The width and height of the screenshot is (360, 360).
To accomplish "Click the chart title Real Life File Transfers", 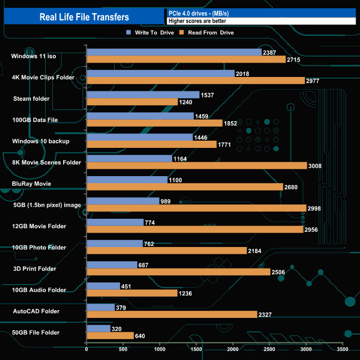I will click(84, 17).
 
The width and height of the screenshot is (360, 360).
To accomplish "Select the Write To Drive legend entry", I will click(150, 33).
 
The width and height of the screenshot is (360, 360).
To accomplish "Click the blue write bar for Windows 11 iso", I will click(174, 52).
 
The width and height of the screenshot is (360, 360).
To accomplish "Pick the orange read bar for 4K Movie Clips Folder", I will click(196, 80).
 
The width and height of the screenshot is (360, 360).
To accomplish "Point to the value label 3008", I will click(315, 166).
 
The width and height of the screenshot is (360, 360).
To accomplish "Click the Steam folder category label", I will click(31, 99).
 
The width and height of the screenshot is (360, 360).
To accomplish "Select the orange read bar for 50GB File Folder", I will click(110, 336).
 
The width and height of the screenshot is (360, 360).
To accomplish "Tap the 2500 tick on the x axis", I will click(270, 349).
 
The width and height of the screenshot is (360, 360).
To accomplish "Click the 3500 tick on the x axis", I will click(343, 349).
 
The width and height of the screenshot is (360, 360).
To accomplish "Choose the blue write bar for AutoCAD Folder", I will click(101, 307).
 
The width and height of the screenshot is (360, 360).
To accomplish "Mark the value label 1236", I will click(185, 293).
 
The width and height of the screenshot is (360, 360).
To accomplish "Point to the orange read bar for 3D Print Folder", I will click(178, 272).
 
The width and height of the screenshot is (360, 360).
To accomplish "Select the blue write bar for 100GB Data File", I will click(140, 116).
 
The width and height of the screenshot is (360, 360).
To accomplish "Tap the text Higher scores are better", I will click(197, 21).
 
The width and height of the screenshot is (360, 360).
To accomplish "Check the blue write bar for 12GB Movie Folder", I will click(115, 222).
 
